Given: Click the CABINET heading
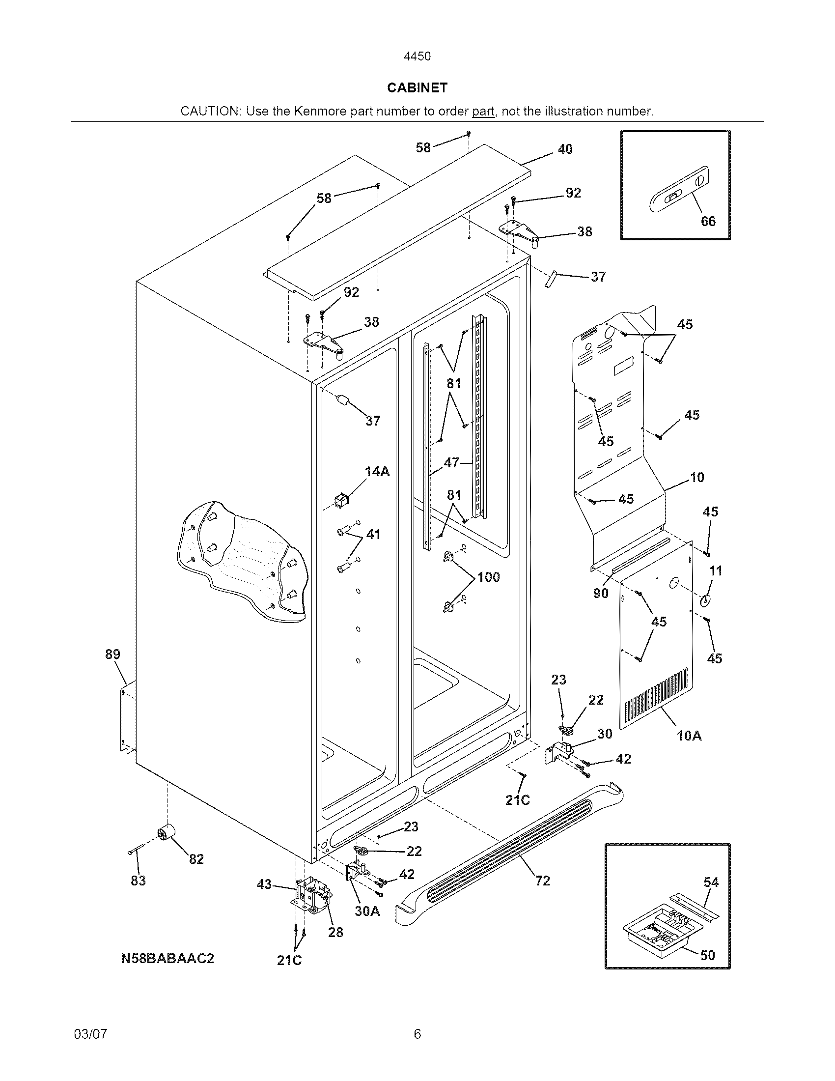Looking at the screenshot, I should (x=417, y=87).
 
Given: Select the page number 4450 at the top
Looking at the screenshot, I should (x=417, y=57).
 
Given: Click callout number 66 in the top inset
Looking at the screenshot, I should (x=708, y=221).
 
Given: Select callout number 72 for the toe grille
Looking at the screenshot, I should (x=543, y=881).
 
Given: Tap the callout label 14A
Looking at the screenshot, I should (x=377, y=472).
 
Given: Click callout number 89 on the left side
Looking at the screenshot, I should (x=113, y=654).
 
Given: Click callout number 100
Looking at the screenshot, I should (x=488, y=577).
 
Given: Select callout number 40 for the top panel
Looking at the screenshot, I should (x=565, y=149).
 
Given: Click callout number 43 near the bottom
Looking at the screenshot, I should (x=265, y=884).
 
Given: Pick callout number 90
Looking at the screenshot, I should (x=601, y=593).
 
